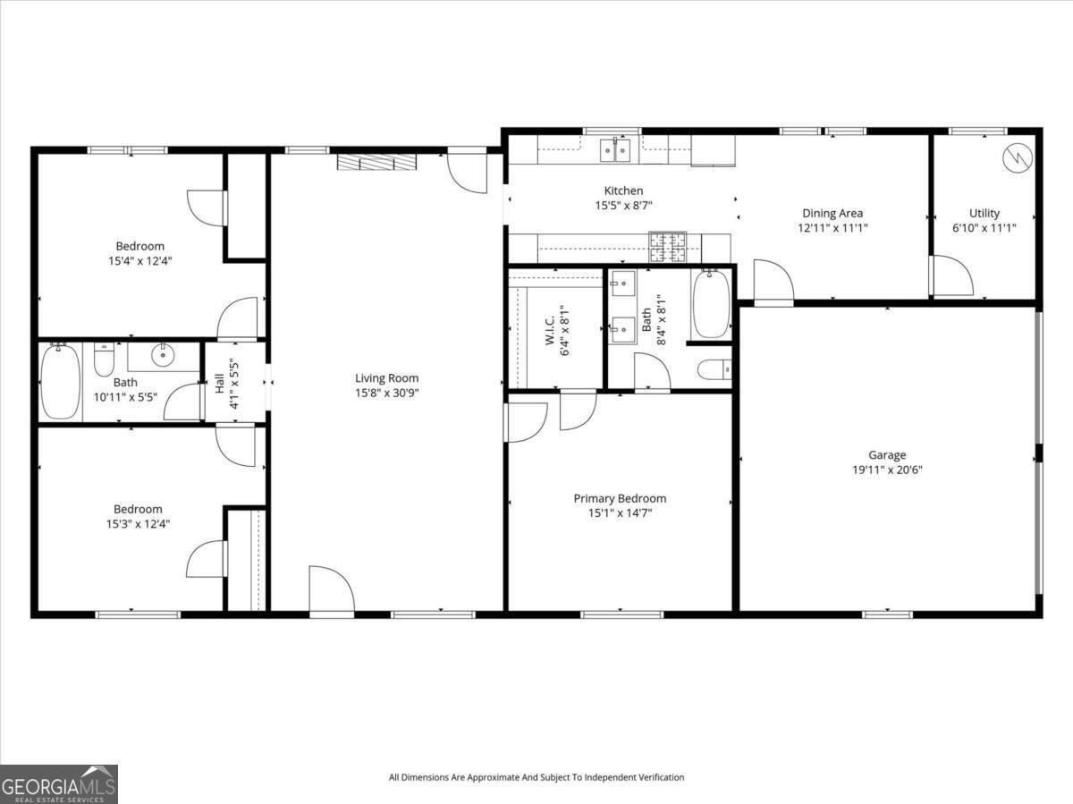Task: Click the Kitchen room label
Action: point(623,190)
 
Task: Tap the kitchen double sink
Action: point(615,150)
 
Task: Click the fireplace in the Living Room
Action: point(376,161)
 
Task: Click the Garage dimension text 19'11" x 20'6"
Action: point(888,470)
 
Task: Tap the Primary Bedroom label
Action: point(620,498)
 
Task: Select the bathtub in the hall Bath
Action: point(60,382)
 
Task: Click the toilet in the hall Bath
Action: point(104,360)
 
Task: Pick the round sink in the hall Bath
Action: point(163,356)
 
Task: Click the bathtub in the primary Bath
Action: point(711,305)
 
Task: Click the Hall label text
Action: point(219,384)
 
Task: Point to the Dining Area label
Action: point(832,213)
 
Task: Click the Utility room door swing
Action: point(951,276)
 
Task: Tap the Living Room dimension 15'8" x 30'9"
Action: point(386,394)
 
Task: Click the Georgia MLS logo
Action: point(59,783)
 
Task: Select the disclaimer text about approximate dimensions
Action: point(536,777)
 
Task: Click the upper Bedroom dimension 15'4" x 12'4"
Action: point(139,261)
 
